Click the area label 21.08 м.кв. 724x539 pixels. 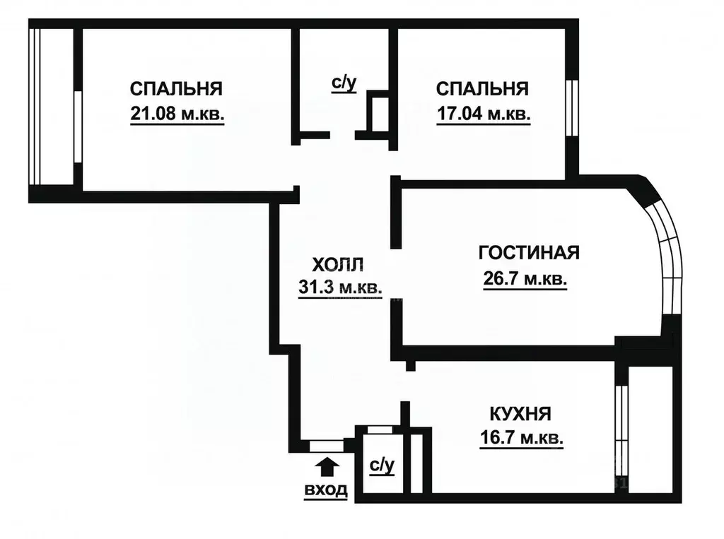pyautogui.click(x=177, y=114)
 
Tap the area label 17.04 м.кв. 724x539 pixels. pyautogui.click(x=483, y=114)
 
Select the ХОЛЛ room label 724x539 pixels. pyautogui.click(x=338, y=265)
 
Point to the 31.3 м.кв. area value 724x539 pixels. pyautogui.click(x=340, y=288)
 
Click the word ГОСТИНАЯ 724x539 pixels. pyautogui.click(x=529, y=253)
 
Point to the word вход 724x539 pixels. pyautogui.click(x=326, y=490)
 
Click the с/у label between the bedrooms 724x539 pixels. pyautogui.click(x=344, y=83)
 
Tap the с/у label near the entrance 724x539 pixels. pyautogui.click(x=381, y=466)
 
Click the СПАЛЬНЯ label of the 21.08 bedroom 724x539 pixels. pyautogui.click(x=177, y=89)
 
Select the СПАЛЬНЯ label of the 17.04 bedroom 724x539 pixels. pyautogui.click(x=483, y=89)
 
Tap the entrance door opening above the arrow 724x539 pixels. pyautogui.click(x=326, y=445)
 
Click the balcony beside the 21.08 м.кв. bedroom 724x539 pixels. pyautogui.click(x=52, y=106)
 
